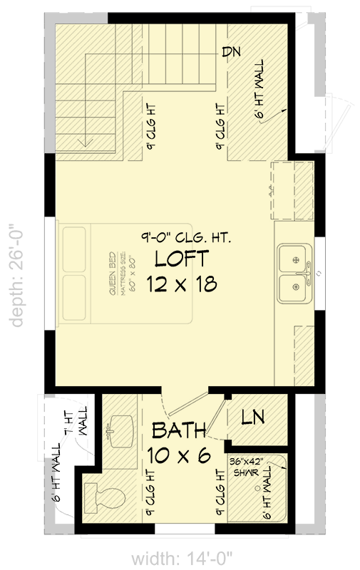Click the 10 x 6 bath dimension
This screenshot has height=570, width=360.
[x=178, y=454]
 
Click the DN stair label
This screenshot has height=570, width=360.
[x=230, y=51]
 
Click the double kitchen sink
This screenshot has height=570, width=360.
[x=294, y=273]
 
